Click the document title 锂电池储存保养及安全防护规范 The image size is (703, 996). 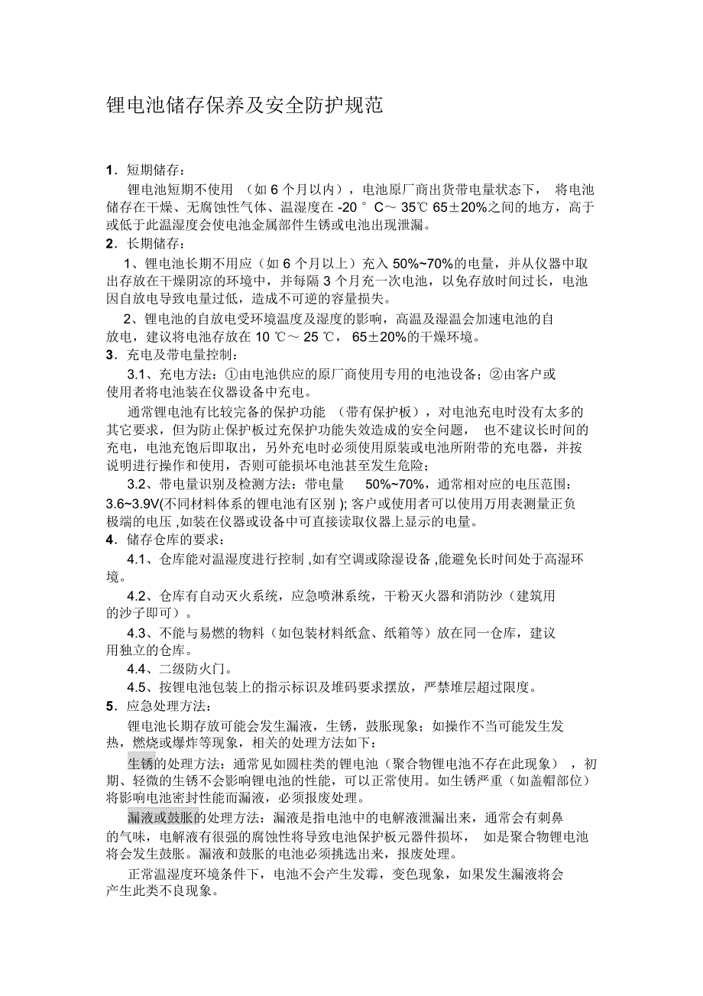pos(244,105)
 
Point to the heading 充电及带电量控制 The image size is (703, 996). pos(183,355)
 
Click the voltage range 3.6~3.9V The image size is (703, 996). pos(132,504)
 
